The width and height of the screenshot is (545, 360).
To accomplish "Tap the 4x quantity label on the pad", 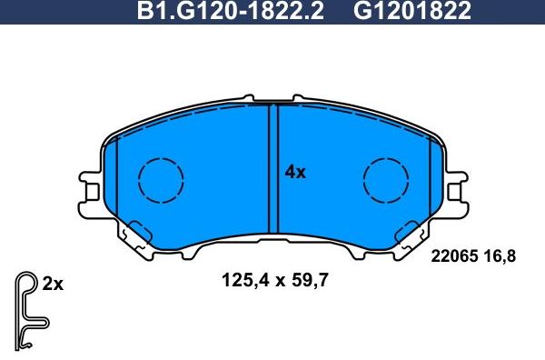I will click(x=295, y=171).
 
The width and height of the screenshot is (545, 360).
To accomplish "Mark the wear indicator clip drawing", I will click(x=29, y=309).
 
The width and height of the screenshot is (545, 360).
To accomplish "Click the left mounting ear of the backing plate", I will click(x=89, y=193).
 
